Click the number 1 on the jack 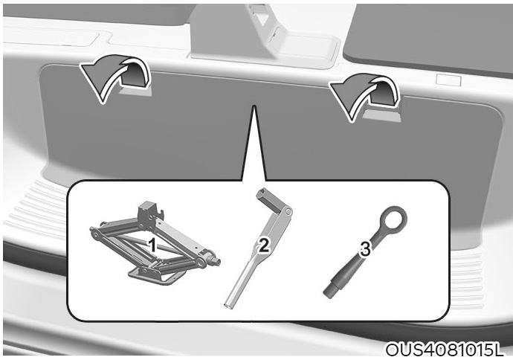[x=152, y=245]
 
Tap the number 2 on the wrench [x=264, y=245]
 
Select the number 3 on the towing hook [x=365, y=248]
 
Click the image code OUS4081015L [x=444, y=350]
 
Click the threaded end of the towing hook [x=330, y=290]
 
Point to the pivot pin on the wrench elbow [x=287, y=212]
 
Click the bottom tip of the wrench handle [x=229, y=306]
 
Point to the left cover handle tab [x=135, y=91]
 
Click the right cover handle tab [x=382, y=115]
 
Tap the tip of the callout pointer [x=253, y=106]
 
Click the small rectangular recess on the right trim [x=448, y=80]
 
